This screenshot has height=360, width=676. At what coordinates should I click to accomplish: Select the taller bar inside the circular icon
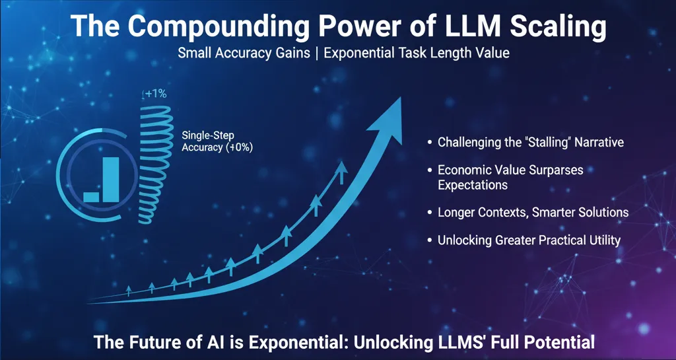110,178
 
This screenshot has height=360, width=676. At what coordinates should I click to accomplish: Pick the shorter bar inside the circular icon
91,196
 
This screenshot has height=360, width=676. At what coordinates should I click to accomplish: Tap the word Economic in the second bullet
462,170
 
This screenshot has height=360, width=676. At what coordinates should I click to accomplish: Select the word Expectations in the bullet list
473,185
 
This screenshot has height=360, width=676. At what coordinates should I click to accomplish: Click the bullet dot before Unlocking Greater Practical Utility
430,240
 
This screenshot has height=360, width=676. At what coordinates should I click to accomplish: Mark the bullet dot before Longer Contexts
430,213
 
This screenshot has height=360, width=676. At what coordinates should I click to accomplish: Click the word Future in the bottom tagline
151,343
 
